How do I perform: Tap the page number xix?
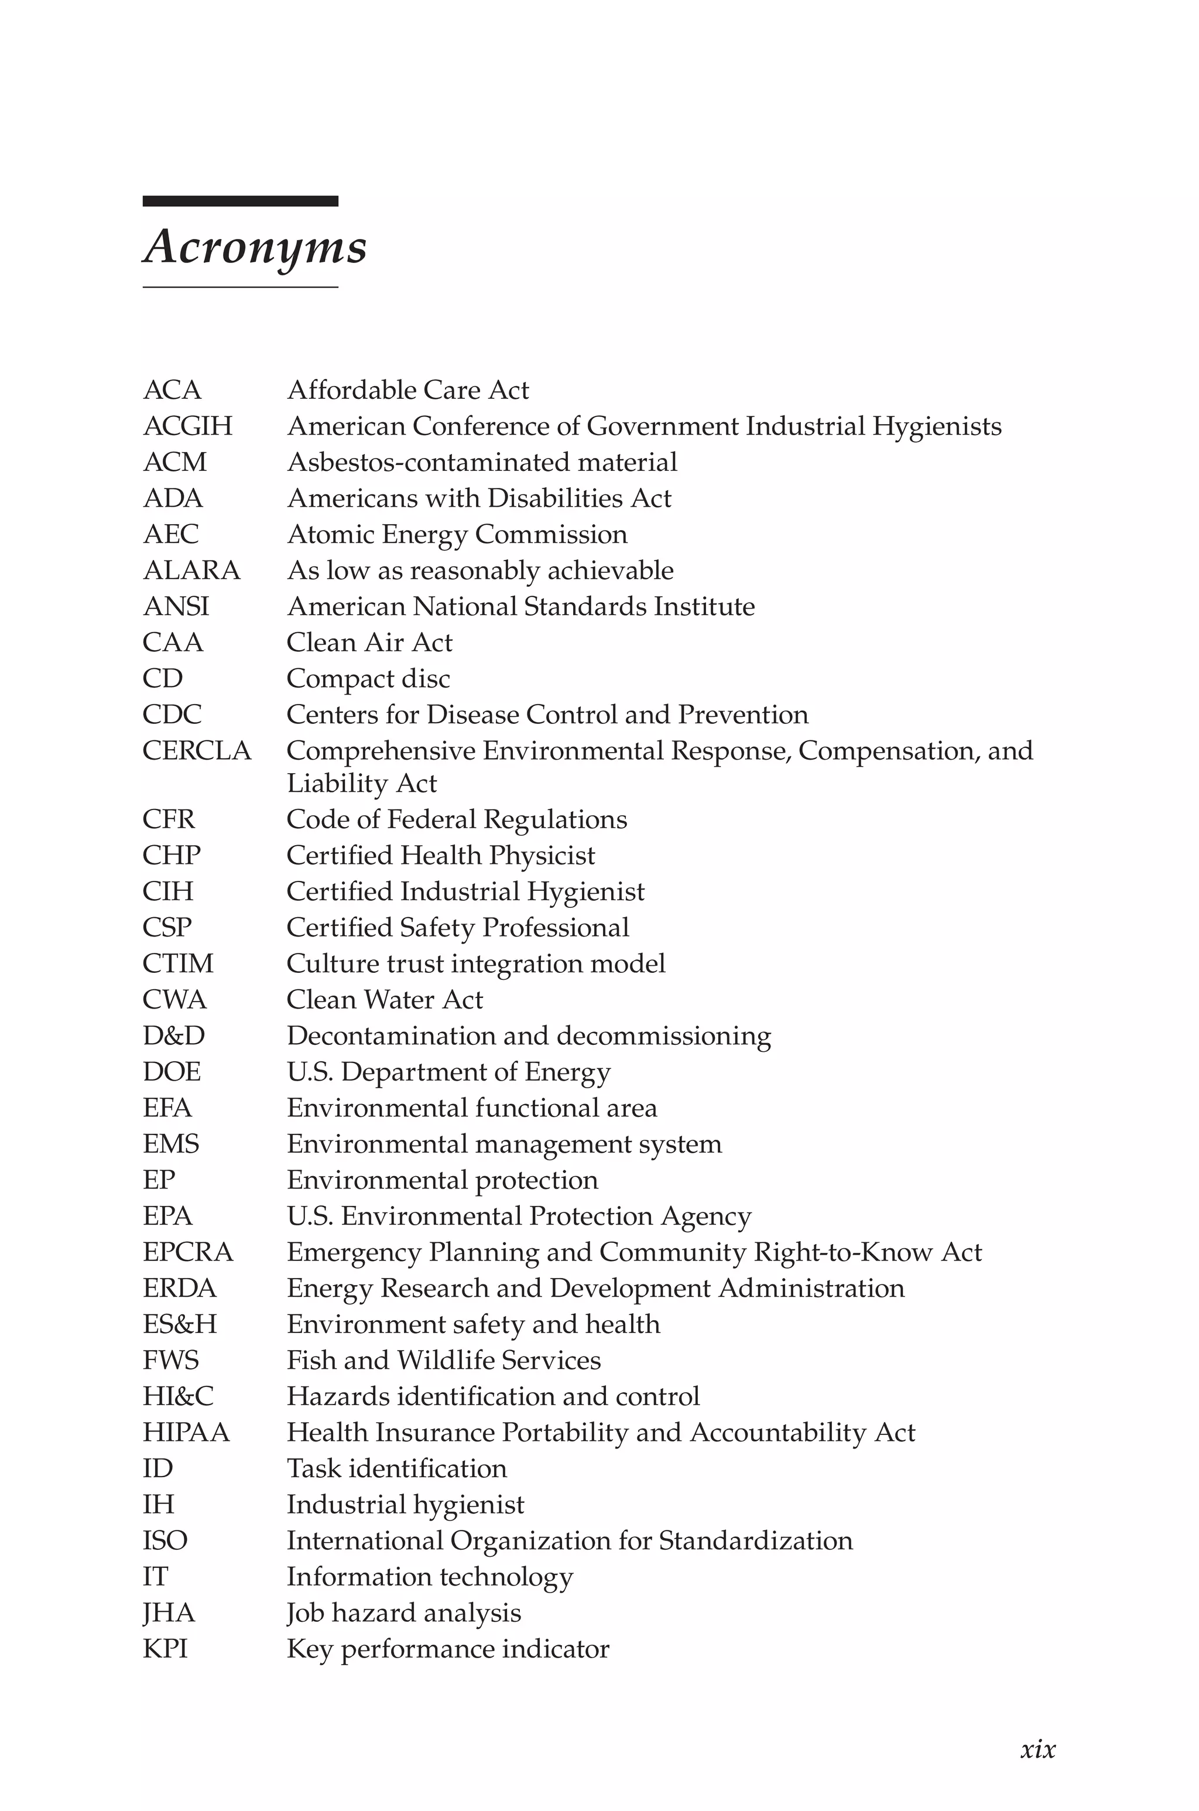[x=1037, y=1748]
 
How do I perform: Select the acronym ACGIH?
[x=187, y=426]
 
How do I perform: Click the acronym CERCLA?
[x=197, y=750]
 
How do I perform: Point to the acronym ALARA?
[x=191, y=570]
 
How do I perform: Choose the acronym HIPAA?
[x=186, y=1431]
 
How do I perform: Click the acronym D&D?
[x=173, y=1036]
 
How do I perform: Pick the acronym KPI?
[x=165, y=1648]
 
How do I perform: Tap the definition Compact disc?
[x=368, y=678]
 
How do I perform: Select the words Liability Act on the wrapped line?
[x=362, y=783]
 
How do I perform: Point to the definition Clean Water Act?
[x=385, y=1000]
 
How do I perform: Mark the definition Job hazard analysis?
[x=404, y=1612]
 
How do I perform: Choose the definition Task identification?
[x=397, y=1468]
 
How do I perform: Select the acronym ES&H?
[x=180, y=1324]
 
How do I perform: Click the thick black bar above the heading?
[x=240, y=201]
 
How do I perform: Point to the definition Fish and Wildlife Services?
[x=444, y=1360]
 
